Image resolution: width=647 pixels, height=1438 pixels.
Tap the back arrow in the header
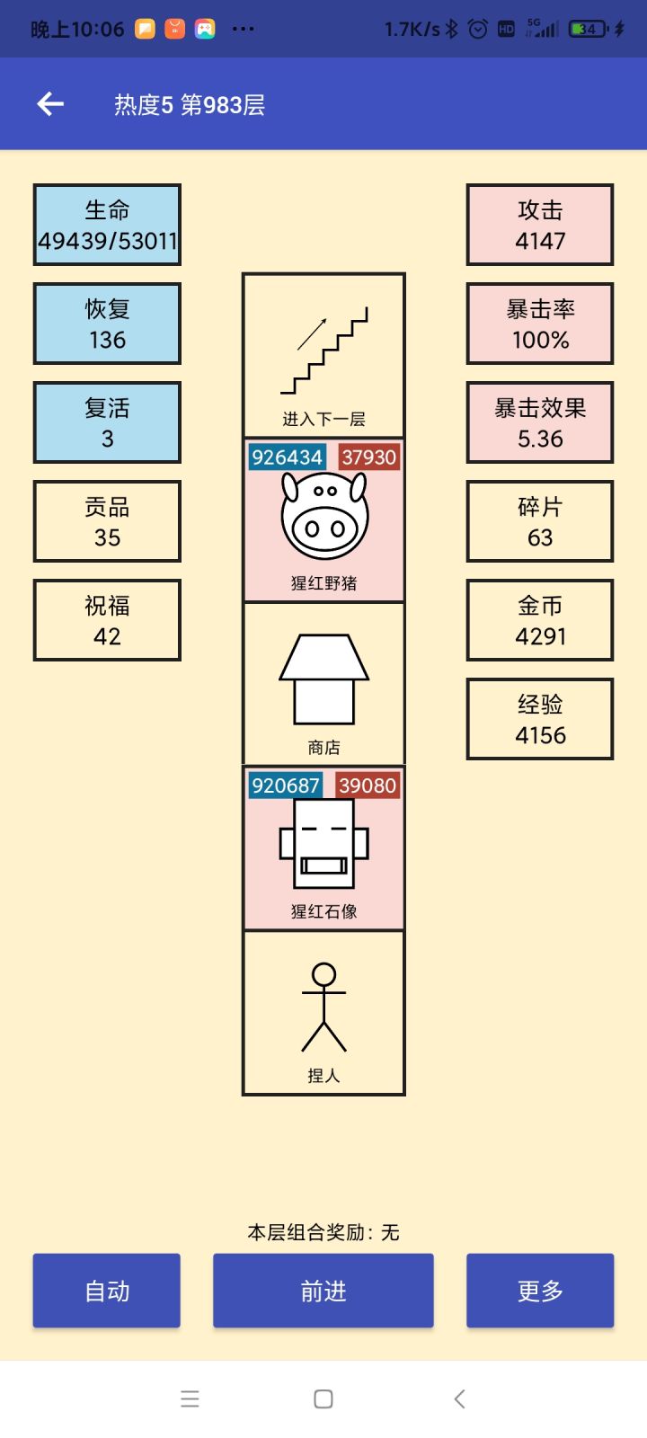pos(50,104)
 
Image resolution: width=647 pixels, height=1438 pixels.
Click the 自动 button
pos(107,1291)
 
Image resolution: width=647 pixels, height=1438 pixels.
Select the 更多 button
pos(540,1291)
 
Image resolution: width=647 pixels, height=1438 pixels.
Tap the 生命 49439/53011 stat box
pos(107,225)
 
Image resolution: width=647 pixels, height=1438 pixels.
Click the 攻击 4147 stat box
pos(540,225)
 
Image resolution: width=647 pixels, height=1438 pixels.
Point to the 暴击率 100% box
pos(540,324)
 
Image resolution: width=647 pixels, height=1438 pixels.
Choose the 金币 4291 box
pos(540,620)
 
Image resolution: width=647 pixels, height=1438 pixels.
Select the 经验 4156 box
pos(540,719)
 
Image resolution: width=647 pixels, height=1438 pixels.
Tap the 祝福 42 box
pos(107,620)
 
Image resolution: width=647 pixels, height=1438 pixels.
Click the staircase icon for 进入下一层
pos(324,351)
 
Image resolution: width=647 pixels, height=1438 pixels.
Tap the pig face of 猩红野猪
pos(324,517)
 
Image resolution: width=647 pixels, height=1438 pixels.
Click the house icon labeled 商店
pos(324,679)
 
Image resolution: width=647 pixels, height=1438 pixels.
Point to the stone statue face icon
pos(324,845)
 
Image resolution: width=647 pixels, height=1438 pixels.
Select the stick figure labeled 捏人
pos(324,1007)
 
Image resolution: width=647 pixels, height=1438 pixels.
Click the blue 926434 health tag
pos(287,457)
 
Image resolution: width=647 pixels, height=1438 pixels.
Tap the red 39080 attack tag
pos(368,786)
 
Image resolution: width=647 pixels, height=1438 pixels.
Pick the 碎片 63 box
pos(540,521)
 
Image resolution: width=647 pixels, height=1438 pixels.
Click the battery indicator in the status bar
pos(589,29)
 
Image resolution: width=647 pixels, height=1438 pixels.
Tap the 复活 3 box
pos(107,422)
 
